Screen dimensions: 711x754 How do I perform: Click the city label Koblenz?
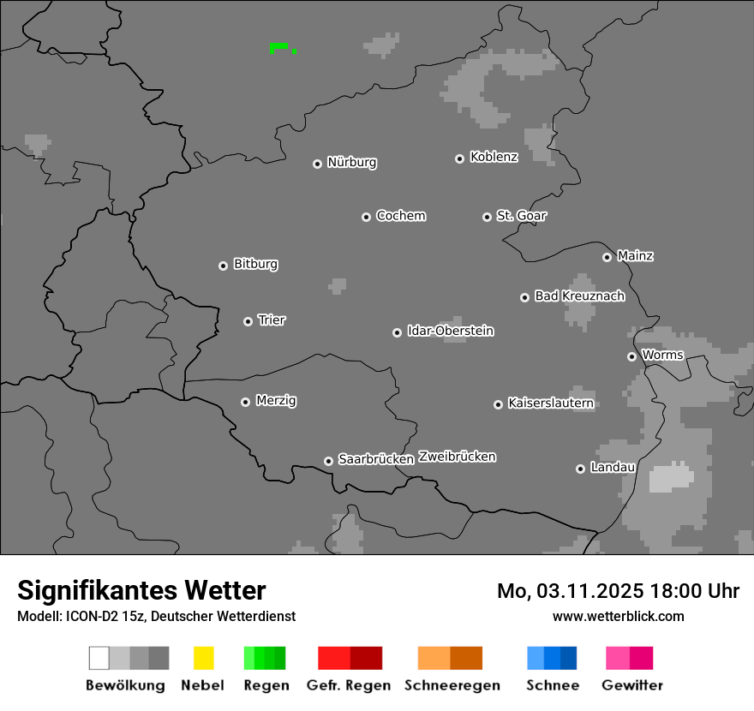point(494,157)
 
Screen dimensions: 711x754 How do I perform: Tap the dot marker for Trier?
point(248,321)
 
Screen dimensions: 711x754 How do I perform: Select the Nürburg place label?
point(352,162)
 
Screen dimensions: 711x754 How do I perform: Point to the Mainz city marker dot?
point(607,257)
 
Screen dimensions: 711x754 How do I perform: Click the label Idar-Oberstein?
point(451,331)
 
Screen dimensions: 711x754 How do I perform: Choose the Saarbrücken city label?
point(376,459)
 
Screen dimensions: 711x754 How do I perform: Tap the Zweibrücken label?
point(458,457)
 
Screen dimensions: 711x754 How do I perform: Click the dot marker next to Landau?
point(581,469)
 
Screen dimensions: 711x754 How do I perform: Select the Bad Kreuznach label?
point(579,296)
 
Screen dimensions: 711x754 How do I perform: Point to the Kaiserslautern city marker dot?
point(499,404)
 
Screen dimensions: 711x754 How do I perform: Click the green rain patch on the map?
point(278,46)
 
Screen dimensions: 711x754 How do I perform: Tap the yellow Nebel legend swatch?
point(203,658)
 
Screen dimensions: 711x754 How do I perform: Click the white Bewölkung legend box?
point(99,658)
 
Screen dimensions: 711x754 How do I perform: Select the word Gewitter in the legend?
point(632,685)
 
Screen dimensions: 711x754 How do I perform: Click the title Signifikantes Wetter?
point(141,590)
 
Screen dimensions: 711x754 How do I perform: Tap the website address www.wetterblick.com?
point(618,616)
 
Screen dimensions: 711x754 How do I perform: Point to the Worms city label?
point(662,355)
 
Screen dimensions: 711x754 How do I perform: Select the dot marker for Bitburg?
point(224,266)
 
